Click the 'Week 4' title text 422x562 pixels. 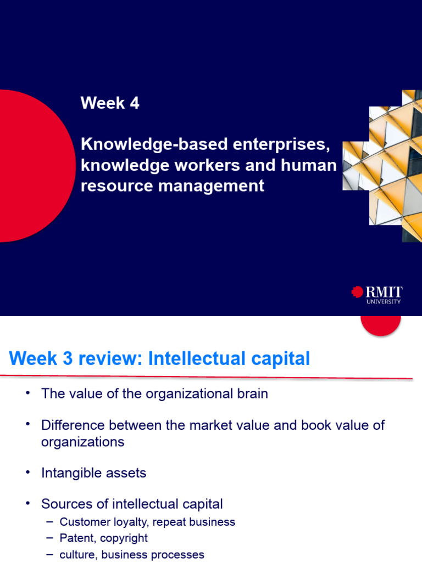110,103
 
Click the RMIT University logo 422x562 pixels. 377,294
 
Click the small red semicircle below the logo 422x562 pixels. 380,324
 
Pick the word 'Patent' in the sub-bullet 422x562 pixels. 76,538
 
